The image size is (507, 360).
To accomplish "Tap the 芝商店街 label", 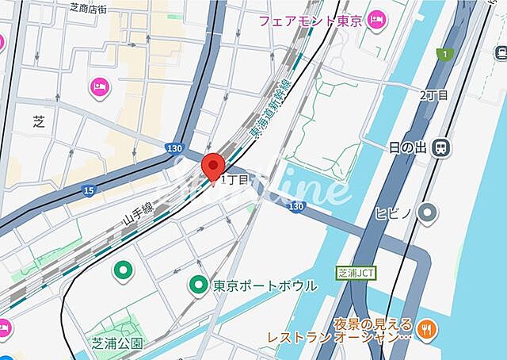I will [98, 9].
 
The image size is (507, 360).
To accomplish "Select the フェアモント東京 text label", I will [310, 20].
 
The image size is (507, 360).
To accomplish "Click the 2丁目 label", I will [433, 95].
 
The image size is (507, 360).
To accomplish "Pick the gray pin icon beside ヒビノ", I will [429, 212].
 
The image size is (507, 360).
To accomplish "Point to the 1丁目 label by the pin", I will [235, 180].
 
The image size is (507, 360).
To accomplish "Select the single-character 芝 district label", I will [40, 121].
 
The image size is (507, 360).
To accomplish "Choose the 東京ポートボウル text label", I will [265, 285].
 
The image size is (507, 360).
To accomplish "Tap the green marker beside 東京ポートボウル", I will [198, 284].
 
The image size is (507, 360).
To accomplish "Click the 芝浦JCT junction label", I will [356, 273].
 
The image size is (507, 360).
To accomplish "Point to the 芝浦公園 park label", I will [116, 343].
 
